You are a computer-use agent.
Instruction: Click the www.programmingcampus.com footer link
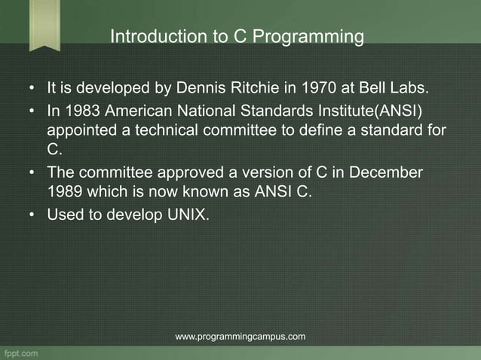[x=240, y=336]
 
